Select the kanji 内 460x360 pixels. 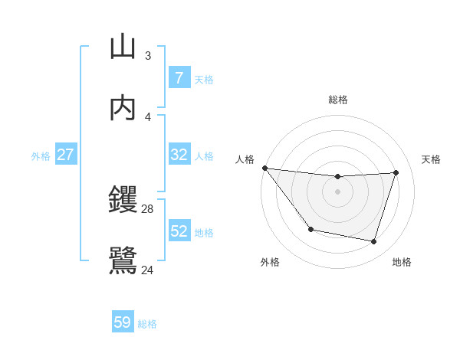123,107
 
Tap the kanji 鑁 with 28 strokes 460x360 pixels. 123,201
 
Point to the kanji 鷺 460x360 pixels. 123,260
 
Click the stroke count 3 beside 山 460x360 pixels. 148,55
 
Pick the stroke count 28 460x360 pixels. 147,208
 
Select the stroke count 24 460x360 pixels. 147,270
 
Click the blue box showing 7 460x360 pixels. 179,77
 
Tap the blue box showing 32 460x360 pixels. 179,155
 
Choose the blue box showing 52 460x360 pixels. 179,231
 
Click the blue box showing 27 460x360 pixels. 65,155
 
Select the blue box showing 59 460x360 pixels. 122,322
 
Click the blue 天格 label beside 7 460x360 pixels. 204,79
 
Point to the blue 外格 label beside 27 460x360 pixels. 41,156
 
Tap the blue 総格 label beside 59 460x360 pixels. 147,324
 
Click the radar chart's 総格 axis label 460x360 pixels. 338,100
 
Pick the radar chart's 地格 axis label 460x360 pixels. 402,262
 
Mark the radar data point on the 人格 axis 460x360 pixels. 264,168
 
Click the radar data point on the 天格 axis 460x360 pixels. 396,172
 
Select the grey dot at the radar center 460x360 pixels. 338,191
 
